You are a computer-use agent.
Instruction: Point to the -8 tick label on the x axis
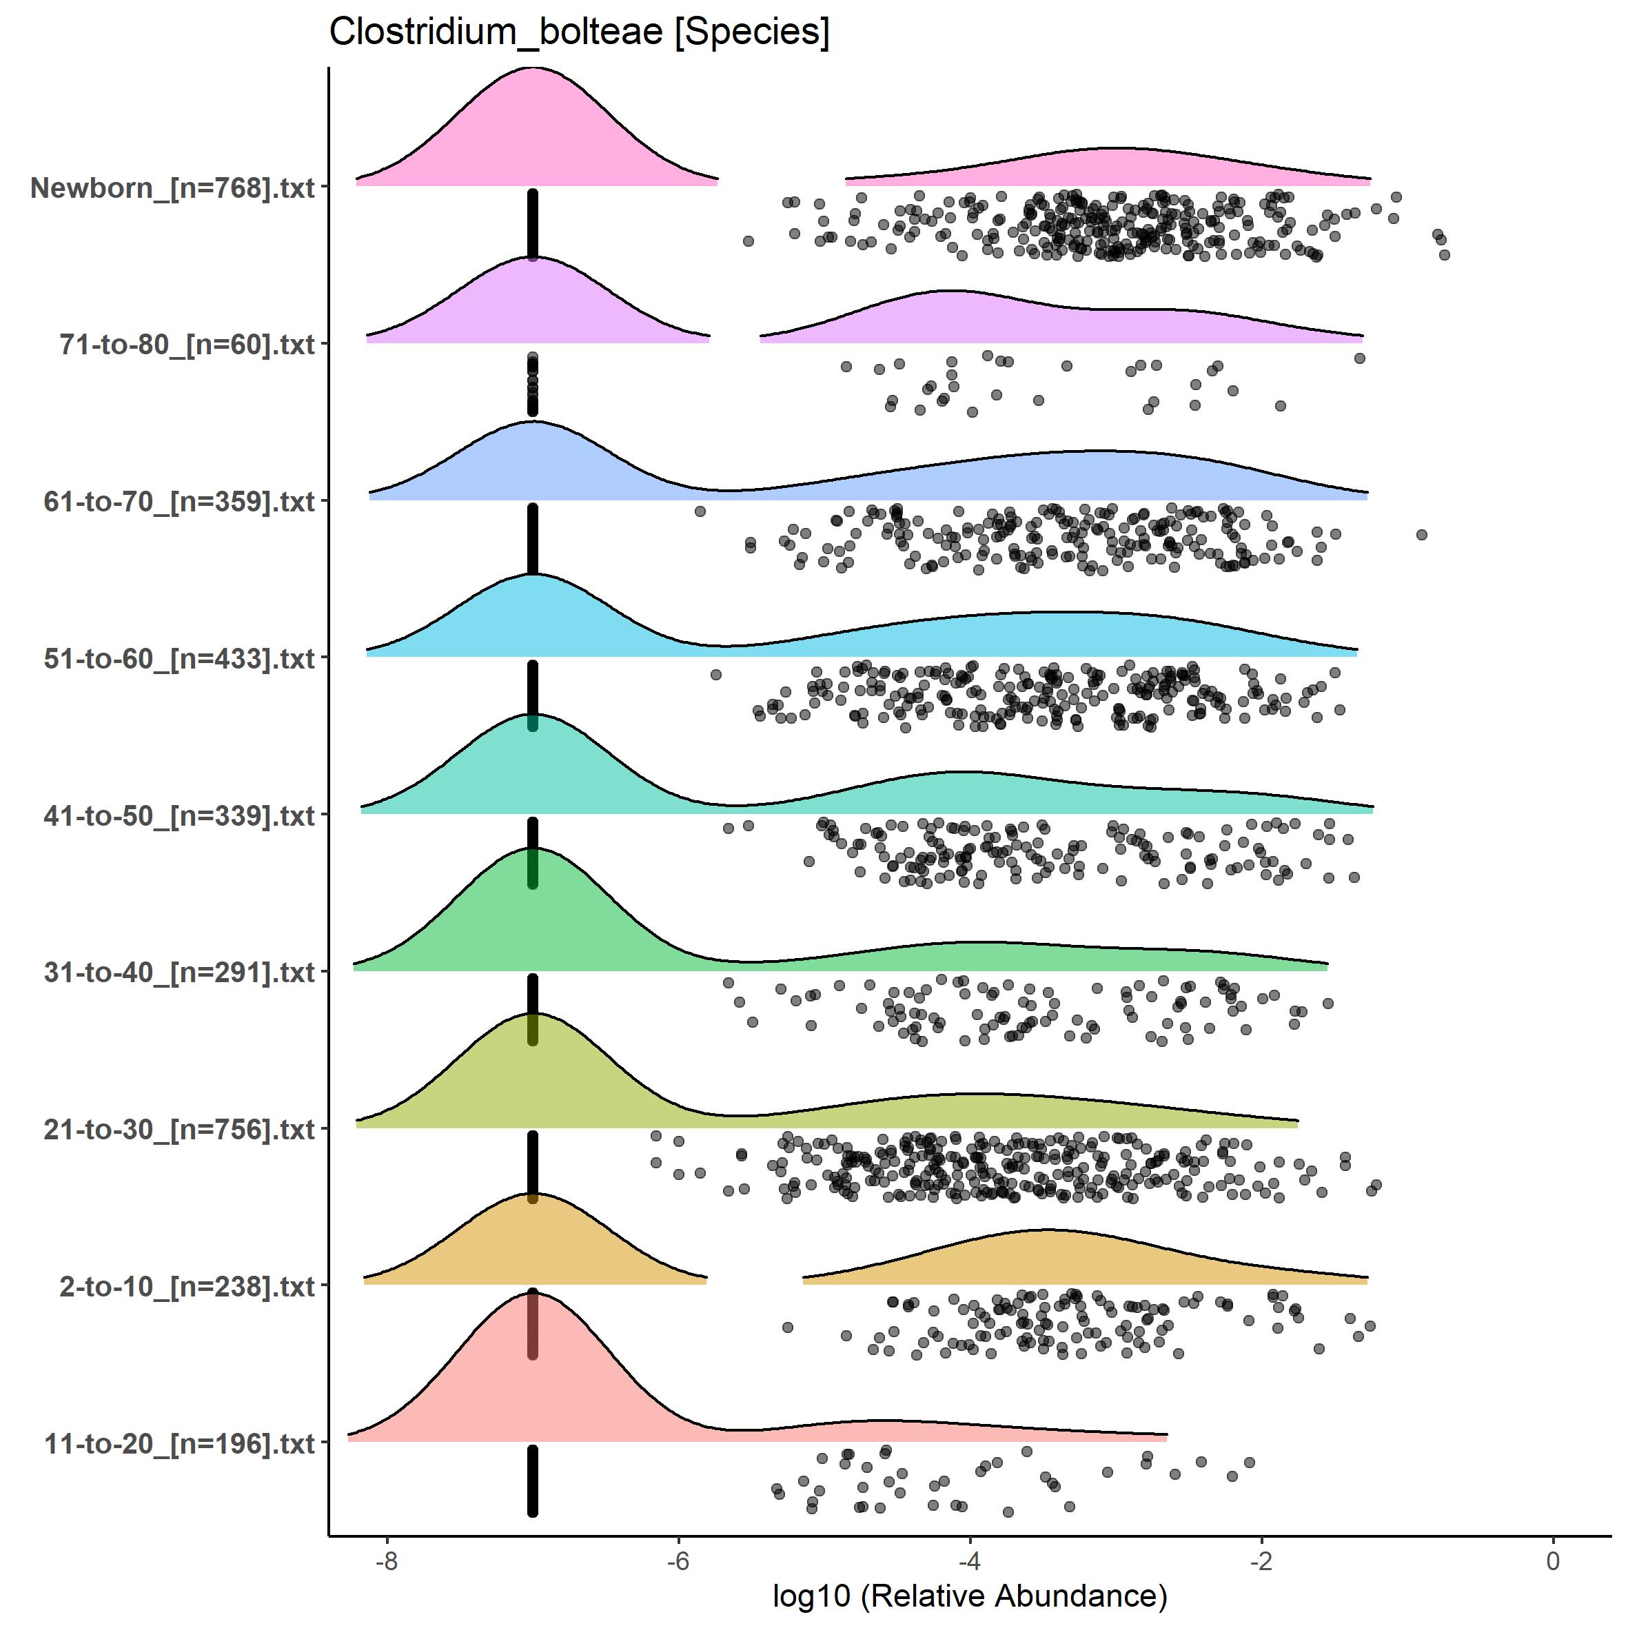click(386, 1560)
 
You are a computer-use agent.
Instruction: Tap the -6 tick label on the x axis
click(678, 1560)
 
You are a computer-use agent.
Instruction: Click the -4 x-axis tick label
click(970, 1560)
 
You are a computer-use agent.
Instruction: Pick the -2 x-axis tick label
click(1261, 1560)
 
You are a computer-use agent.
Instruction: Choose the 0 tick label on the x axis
click(1553, 1560)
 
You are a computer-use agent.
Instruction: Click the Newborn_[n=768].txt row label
click(173, 188)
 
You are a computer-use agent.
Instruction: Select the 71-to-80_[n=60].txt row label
click(187, 345)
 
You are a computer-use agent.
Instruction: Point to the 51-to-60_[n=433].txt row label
click(179, 658)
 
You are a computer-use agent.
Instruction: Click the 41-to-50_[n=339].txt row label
click(179, 815)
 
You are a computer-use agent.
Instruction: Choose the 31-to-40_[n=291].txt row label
click(179, 973)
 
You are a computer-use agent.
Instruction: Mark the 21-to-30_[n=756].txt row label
click(179, 1129)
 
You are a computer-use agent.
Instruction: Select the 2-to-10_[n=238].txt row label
click(187, 1287)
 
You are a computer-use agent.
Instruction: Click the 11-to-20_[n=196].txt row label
click(179, 1443)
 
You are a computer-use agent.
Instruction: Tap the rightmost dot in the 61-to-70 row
click(1421, 534)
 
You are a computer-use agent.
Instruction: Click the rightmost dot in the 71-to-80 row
click(1359, 358)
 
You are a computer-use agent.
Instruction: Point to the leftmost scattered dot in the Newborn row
click(747, 241)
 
